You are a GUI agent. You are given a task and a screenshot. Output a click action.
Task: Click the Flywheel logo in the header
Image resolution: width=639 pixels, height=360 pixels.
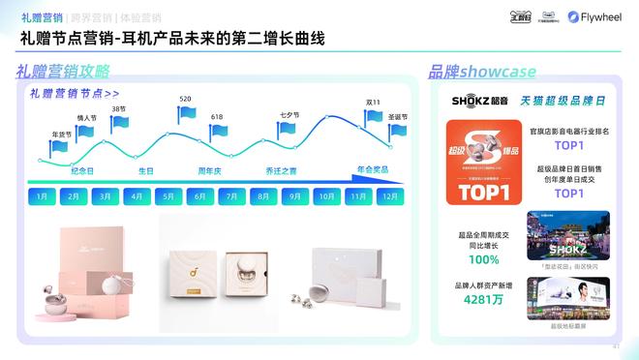[x=600, y=16]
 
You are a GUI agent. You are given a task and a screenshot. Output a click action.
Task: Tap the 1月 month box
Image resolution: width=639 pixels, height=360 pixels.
[x=42, y=195]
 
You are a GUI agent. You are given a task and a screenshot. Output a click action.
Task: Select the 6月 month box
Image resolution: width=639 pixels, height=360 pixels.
[x=200, y=195]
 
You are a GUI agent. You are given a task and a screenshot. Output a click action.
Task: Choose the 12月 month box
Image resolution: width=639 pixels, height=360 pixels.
[x=389, y=195]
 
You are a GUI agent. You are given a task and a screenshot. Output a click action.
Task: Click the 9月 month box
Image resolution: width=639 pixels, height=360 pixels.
[x=295, y=195]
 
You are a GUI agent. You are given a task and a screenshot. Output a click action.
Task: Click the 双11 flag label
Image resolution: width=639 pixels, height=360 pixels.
[x=373, y=103]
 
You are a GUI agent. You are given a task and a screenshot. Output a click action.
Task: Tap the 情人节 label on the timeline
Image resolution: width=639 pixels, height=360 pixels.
[x=87, y=118]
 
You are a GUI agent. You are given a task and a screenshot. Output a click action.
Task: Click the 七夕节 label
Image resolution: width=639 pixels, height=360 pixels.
[x=289, y=114]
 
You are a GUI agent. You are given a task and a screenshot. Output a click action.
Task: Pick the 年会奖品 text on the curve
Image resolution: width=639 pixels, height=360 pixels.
[x=373, y=169]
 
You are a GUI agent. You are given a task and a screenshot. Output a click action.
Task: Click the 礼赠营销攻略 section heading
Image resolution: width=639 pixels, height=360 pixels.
[x=63, y=72]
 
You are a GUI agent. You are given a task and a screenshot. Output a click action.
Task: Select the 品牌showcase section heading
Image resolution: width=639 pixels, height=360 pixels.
[x=482, y=72]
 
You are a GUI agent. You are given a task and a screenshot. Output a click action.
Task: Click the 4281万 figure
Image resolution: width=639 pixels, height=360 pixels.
[x=485, y=299]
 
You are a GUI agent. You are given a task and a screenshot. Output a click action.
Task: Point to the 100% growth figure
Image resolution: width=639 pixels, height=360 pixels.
[x=485, y=260]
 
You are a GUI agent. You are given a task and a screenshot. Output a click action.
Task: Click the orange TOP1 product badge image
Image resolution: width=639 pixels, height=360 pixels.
[x=478, y=162]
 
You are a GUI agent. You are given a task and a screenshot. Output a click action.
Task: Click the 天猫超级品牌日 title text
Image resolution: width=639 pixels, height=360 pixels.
[x=564, y=101]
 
